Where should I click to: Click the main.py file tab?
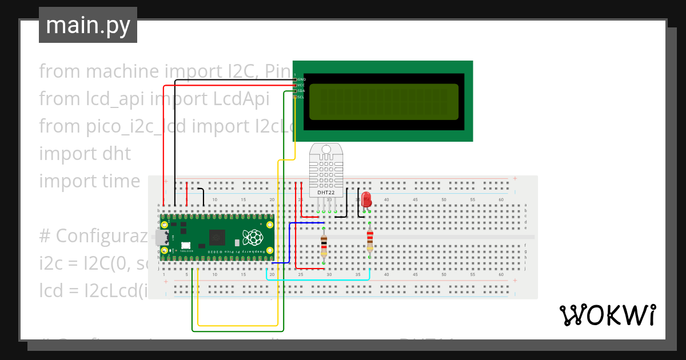pos(87,25)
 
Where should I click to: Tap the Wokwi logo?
pos(607,315)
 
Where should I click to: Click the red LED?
pos(366,200)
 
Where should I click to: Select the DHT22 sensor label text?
pos(326,193)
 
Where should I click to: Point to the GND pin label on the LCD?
pos(302,79)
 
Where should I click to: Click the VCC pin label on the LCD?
pos(302,85)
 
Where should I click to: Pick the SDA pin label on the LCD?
pos(302,91)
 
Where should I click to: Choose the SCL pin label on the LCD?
pos(302,97)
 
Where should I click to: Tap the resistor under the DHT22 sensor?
pos(324,246)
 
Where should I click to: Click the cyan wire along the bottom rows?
pos(320,279)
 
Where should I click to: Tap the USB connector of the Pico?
pos(158,237)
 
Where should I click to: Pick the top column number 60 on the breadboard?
pos(501,199)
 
